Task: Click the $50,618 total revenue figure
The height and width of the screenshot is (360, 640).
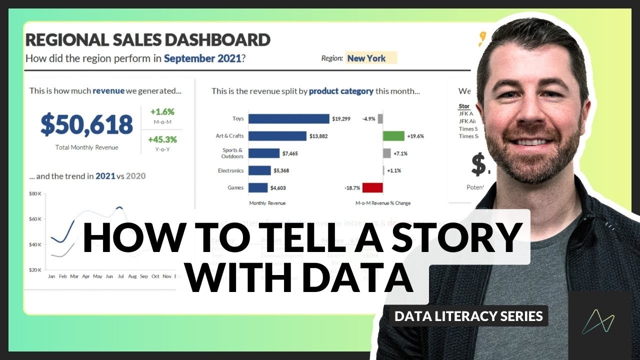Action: tap(86, 125)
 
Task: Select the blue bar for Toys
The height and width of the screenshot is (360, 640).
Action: tap(288, 118)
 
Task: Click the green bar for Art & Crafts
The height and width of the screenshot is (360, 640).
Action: tap(393, 136)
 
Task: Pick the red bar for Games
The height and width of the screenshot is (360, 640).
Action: tap(372, 188)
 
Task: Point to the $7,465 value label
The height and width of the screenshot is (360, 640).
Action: tap(289, 153)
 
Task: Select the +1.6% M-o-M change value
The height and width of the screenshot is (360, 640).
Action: tap(161, 112)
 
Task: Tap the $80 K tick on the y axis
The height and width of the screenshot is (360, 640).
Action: tap(35, 193)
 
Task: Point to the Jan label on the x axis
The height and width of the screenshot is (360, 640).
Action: tap(51, 276)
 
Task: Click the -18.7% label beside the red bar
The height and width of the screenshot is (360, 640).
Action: tap(352, 188)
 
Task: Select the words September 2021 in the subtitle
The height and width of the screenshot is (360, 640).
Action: tap(202, 58)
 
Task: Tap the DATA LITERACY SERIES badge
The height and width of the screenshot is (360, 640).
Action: tap(468, 316)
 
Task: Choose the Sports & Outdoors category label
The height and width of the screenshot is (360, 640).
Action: tap(232, 153)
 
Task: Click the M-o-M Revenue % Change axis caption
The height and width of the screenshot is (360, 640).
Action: tap(383, 203)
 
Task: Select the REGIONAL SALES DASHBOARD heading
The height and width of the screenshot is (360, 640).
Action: tap(148, 39)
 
